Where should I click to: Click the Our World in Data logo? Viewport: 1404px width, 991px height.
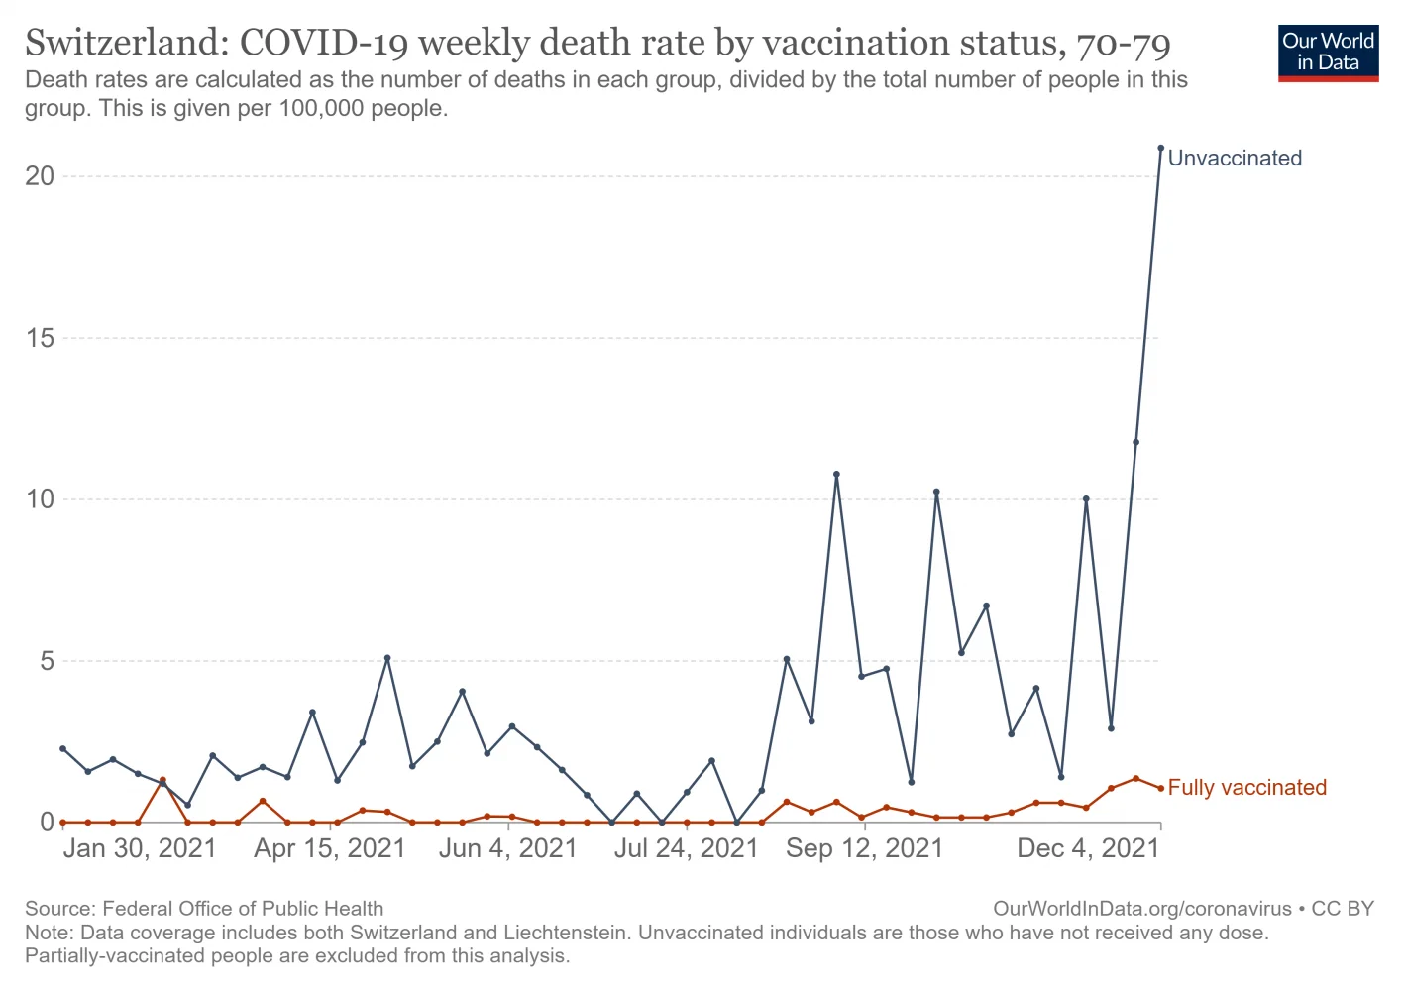(x=1328, y=53)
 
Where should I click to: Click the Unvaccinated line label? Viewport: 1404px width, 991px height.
(x=1235, y=159)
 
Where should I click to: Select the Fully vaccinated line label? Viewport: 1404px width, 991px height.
(x=1246, y=788)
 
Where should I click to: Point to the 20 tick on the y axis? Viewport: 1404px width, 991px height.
(x=41, y=176)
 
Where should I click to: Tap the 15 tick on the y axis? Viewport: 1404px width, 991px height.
(x=41, y=338)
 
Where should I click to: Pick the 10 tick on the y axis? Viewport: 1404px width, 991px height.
(x=41, y=499)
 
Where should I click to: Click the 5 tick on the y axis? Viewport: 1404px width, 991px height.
(x=48, y=661)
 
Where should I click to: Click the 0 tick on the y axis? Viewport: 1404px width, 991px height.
(x=48, y=823)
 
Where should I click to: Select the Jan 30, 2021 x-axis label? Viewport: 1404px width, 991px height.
(x=140, y=849)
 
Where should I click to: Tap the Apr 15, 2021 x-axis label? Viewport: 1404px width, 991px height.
(x=330, y=849)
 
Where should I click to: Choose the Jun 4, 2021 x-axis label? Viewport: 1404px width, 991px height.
(x=507, y=849)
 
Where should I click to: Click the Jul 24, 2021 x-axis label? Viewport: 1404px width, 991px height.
(x=686, y=849)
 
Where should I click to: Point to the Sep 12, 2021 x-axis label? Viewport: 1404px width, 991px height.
(x=864, y=849)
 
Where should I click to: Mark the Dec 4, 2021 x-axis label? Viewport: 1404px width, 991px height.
(x=1088, y=849)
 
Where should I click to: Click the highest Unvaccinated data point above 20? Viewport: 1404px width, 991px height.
(x=1160, y=149)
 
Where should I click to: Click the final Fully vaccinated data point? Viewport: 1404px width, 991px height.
(x=1160, y=789)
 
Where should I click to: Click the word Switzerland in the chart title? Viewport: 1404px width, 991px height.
(x=126, y=44)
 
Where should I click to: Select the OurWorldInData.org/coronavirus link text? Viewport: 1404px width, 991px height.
(x=1141, y=909)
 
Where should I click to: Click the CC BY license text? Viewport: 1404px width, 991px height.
(x=1343, y=909)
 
